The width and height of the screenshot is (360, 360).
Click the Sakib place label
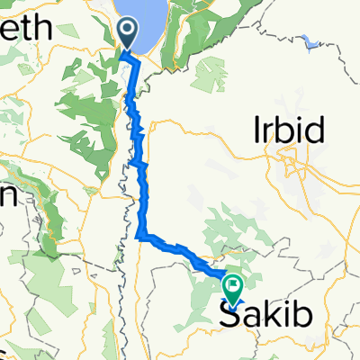[x=265, y=314]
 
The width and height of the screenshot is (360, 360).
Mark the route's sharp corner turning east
[x=141, y=237]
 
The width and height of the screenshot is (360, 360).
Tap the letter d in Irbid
[x=316, y=132]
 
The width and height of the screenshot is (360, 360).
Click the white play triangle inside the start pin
[x=129, y=32]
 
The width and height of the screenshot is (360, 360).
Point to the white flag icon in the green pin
[x=234, y=286]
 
